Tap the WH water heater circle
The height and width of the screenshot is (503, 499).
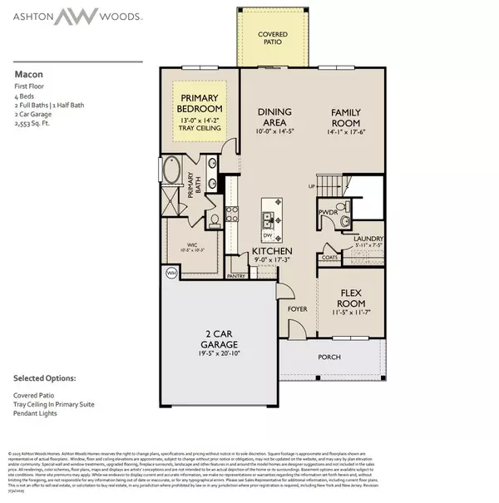coord(171,273)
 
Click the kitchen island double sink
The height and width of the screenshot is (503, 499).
coord(269,219)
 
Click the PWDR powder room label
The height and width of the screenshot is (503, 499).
coord(326,222)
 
